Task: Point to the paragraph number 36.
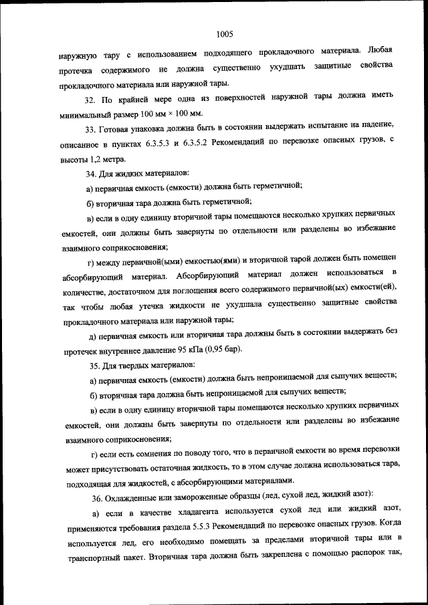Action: pyautogui.click(x=98, y=494)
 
